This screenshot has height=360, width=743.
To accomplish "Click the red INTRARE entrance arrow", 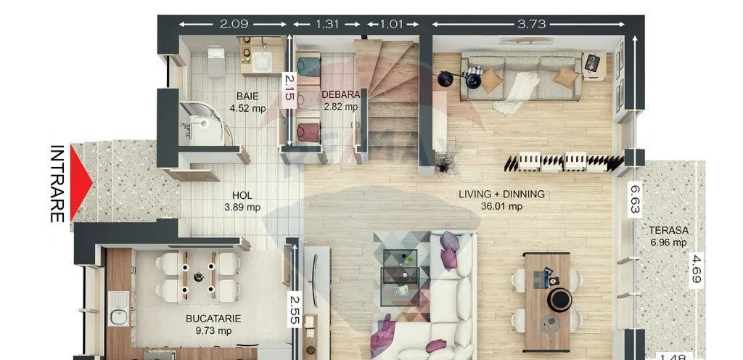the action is pos(80,183).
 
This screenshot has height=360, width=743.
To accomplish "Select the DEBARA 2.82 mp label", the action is pos(340,100).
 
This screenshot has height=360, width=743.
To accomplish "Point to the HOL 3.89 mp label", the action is pos(242,201).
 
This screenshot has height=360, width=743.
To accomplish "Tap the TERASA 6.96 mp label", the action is pos(668,237).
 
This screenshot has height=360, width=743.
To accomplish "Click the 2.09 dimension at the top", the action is pos(234,24).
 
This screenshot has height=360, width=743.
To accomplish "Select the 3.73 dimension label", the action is pos(531,24).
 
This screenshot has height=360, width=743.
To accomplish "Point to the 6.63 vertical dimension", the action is pos(635,199).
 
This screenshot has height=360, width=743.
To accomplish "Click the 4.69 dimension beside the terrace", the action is pos(696,269).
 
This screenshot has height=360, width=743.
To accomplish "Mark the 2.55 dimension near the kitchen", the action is pos(295,309).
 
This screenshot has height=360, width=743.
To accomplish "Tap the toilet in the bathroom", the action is pos(216,62).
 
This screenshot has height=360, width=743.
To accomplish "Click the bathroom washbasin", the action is pos(261,62).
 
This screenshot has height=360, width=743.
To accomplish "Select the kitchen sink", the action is pos(118,308).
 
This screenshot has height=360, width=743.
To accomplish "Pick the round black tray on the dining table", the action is pos(559,300).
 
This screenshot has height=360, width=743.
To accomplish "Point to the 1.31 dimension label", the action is pos(327,24).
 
